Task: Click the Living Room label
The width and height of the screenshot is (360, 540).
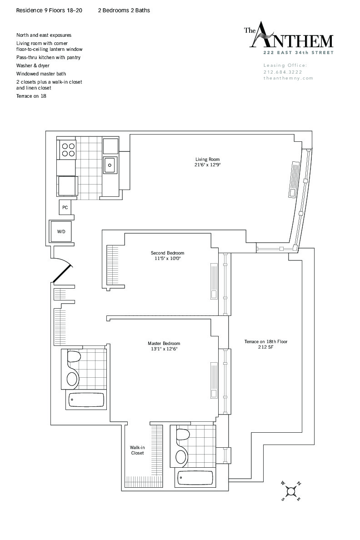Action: point(208,162)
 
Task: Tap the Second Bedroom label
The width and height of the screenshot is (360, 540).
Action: point(167,256)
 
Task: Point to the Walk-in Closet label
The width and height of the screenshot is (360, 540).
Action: point(137,450)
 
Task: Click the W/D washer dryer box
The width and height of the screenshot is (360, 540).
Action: point(61,231)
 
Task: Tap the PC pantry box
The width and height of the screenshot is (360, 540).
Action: point(65,207)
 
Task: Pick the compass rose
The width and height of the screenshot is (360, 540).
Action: point(291,490)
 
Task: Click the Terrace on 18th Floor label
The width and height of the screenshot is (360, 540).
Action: point(266,345)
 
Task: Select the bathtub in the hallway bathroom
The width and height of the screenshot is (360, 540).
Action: point(86,400)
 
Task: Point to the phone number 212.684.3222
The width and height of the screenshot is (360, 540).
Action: point(283,72)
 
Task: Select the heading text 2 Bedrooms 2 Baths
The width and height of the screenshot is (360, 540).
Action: point(124,10)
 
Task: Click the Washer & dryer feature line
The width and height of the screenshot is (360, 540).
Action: point(33,65)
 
